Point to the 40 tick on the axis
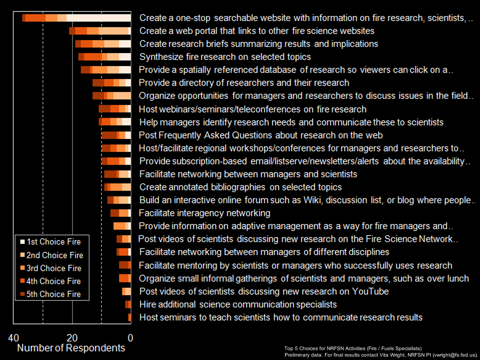tap(13, 338)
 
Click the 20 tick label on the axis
tap(72, 338)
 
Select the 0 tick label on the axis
tap(130, 338)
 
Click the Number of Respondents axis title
tap(71, 348)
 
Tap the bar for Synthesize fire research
tap(104, 57)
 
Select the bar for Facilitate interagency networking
tap(120, 213)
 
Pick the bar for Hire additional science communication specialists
tap(128, 304)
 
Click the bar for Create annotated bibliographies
tap(117, 187)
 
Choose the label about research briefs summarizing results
tap(258, 44)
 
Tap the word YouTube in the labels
tap(371, 291)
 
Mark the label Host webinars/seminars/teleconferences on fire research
tap(252, 109)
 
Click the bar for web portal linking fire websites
tap(100, 31)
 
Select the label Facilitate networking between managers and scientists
tap(248, 174)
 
